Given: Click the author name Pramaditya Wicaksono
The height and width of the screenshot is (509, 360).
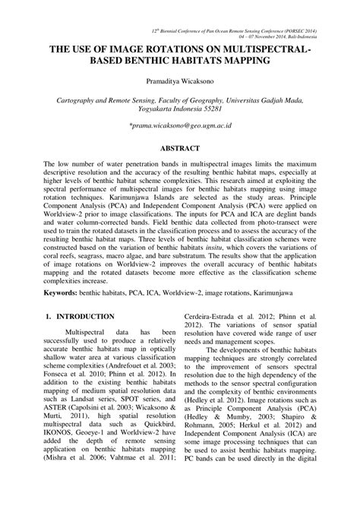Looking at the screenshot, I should pyautogui.click(x=180, y=80).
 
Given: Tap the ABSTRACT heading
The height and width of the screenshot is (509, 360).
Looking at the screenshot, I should pyautogui.click(x=180, y=149).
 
